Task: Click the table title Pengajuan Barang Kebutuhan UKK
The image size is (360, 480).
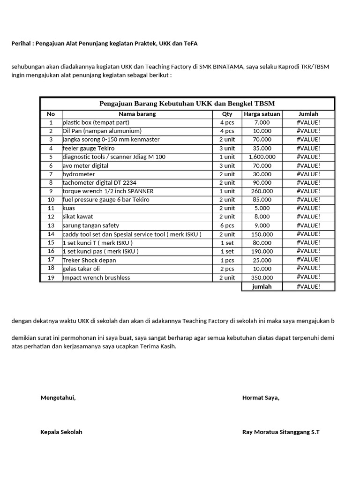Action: pos(187,104)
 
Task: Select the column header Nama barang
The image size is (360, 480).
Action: pos(137,114)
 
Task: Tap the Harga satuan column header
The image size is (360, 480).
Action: pos(262,114)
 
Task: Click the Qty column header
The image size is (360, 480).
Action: pos(227,114)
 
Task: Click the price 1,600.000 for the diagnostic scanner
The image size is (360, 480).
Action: pos(262,157)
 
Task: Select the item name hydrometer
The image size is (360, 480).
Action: pos(79,174)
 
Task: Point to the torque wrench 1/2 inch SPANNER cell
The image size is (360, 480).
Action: pos(108,191)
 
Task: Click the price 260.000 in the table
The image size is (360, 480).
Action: pos(262,191)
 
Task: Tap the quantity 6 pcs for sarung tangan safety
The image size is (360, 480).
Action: pos(227,225)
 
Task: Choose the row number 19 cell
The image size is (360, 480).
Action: pos(51,277)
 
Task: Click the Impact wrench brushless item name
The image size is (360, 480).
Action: pos(96,277)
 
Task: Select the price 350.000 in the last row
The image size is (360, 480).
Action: pos(262,277)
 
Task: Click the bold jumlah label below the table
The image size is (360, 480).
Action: pos(262,286)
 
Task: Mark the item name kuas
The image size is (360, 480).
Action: pos(68,208)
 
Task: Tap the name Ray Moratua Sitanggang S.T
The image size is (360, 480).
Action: pos(281,432)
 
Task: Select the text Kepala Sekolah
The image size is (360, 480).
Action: pos(61,432)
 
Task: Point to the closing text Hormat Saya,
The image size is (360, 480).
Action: pos(261,398)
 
